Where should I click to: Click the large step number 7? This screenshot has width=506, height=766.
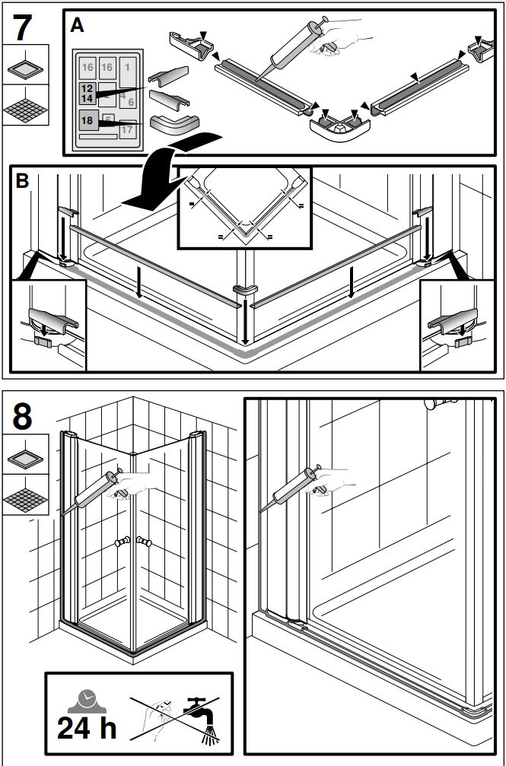click(x=23, y=27)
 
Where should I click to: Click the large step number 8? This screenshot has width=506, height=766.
click(x=23, y=417)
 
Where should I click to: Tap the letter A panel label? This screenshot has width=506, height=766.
click(x=77, y=26)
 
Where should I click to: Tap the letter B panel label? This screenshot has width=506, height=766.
click(x=23, y=181)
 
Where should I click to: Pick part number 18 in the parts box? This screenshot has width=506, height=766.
click(x=87, y=120)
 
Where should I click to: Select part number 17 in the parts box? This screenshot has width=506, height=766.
click(x=126, y=129)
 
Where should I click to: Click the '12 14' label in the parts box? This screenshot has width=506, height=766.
click(x=86, y=94)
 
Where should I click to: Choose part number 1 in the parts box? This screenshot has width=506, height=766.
click(x=127, y=68)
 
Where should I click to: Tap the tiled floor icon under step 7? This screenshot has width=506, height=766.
click(x=25, y=107)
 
